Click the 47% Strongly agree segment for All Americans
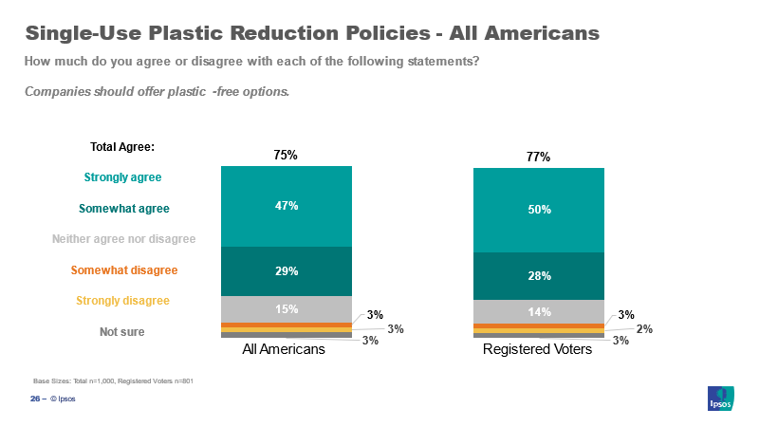(286, 206)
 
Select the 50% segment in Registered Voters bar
(538, 210)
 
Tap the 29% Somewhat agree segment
(286, 271)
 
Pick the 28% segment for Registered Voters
(538, 275)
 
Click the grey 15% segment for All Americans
(286, 309)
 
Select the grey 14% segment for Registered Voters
(538, 311)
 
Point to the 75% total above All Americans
(286, 156)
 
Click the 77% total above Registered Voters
(538, 158)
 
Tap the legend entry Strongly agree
(122, 177)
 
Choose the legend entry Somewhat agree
(122, 208)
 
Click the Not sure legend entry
(122, 332)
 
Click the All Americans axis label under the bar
(284, 349)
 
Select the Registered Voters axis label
(537, 349)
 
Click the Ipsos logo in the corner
(721, 399)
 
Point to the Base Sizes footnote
(113, 381)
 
